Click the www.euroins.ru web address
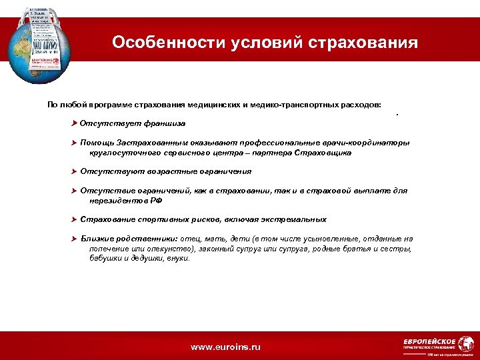click(225, 347)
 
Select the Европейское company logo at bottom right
click(429, 343)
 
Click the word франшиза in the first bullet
click(164, 123)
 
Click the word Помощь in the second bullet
click(97, 143)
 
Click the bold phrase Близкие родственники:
click(129, 239)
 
